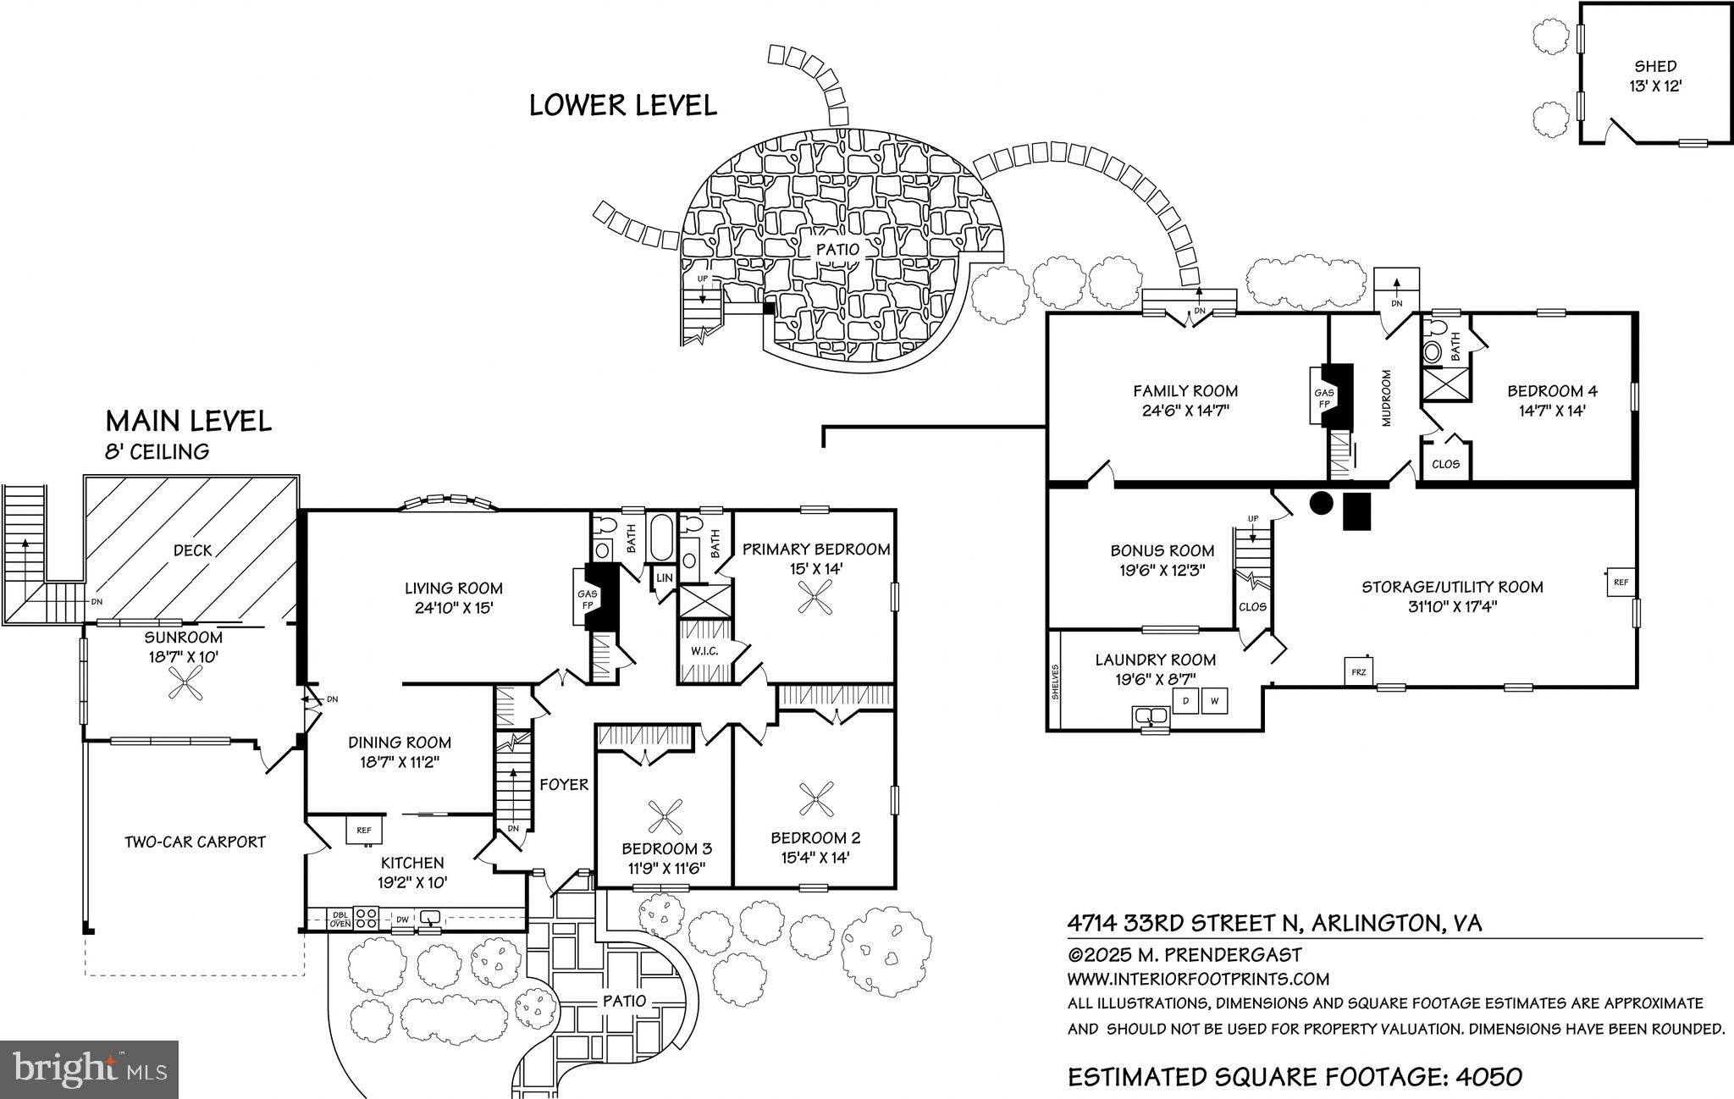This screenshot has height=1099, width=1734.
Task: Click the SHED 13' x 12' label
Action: (1654, 75)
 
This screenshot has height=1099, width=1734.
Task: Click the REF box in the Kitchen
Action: (364, 830)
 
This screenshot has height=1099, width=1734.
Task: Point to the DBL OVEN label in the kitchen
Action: (340, 919)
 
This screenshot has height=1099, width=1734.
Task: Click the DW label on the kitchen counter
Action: (403, 919)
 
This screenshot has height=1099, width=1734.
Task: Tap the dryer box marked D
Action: (1185, 701)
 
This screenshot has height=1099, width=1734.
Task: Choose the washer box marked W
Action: (1213, 701)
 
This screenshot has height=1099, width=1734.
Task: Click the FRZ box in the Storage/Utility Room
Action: (1359, 671)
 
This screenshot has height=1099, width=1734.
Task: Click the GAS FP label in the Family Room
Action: (1323, 398)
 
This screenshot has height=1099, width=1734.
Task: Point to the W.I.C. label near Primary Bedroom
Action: (704, 651)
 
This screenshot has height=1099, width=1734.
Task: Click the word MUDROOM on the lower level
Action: (1387, 397)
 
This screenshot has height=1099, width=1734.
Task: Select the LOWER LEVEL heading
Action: (622, 105)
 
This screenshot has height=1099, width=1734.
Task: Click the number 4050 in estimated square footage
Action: (1488, 1077)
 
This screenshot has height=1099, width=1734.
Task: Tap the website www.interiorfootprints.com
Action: (1198, 980)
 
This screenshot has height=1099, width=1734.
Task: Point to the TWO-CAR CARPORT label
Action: (195, 842)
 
